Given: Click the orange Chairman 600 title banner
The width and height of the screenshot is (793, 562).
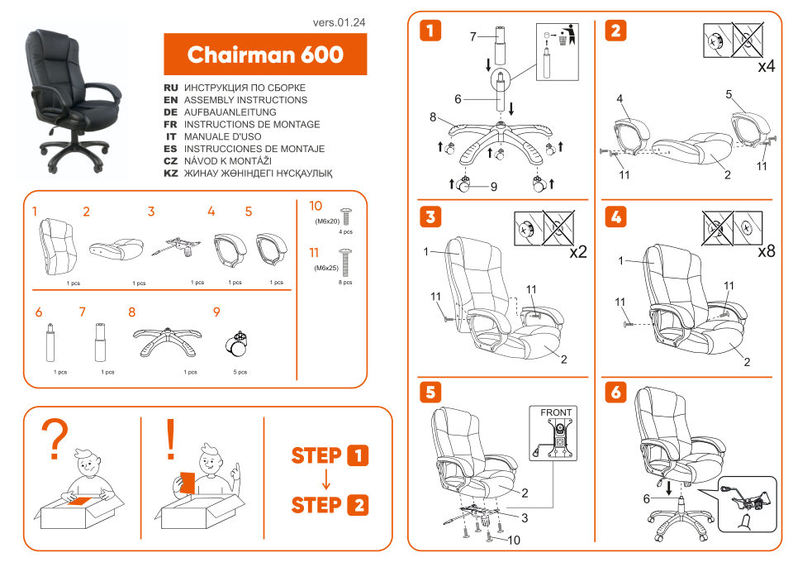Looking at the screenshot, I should [x=265, y=55].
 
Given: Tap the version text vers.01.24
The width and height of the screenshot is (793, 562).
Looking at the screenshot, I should [x=339, y=22].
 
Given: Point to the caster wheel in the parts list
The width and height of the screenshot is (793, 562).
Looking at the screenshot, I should [x=237, y=345].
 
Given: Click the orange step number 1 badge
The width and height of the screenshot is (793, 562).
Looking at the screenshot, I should [x=430, y=31].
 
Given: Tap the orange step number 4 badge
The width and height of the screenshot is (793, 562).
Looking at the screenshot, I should [x=615, y=217].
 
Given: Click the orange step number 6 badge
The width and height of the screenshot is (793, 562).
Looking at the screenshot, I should [x=615, y=392].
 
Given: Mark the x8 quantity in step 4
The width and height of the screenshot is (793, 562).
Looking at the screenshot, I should [x=765, y=251].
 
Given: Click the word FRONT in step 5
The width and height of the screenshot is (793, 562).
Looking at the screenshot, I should [x=555, y=412].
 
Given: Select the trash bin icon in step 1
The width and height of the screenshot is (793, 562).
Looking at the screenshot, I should [x=566, y=36].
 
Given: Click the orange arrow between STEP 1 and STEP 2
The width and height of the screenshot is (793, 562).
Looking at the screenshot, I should [x=327, y=479].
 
